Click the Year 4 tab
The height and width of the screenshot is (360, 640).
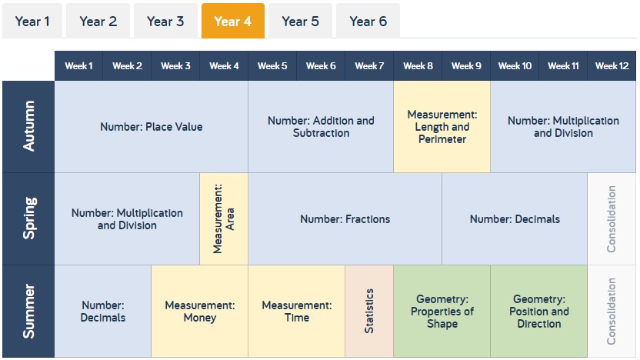click(232, 21)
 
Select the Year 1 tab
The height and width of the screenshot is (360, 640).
click(32, 21)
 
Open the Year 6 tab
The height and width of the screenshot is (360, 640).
click(368, 21)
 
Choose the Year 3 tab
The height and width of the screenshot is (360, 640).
click(165, 21)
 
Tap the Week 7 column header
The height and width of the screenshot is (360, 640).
click(369, 65)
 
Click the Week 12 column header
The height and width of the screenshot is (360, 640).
click(612, 65)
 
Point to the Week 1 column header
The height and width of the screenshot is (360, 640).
click(78, 65)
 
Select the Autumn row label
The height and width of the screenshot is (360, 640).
click(28, 126)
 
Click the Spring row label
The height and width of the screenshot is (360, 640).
click(28, 218)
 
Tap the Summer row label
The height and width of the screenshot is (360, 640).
click(28, 311)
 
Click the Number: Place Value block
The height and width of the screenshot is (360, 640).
click(151, 126)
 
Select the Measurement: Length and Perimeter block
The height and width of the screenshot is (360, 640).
click(442, 126)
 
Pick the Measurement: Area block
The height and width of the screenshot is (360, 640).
click(224, 218)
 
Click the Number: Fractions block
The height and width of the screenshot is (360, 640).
click(345, 218)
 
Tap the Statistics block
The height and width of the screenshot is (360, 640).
click(369, 311)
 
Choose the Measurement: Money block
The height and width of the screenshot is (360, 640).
click(199, 311)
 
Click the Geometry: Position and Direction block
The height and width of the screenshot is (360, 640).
click(538, 311)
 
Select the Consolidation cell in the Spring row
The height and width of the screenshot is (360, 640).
click(612, 218)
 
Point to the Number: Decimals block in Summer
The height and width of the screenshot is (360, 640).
click(103, 311)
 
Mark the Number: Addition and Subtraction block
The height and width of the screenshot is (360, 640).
click(321, 126)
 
